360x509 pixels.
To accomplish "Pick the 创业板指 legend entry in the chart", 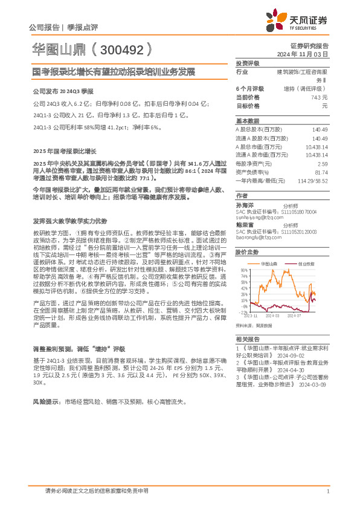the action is click(x=306, y=264).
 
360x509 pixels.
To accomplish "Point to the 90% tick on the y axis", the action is click(x=243, y=270).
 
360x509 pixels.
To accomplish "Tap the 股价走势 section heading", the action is click(x=247, y=251).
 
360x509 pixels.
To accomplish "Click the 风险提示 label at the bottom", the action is click(x=45, y=401).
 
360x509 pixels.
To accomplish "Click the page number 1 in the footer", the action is click(x=327, y=491).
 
